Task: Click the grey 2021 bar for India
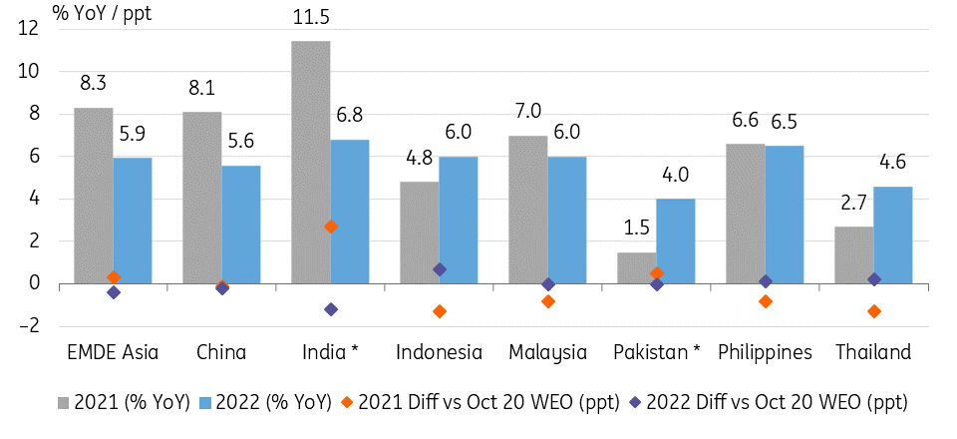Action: (x=311, y=163)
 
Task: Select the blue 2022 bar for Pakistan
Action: (x=675, y=241)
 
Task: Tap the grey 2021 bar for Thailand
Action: (x=854, y=255)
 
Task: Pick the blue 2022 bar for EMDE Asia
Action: (x=133, y=221)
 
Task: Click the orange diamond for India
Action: (x=331, y=226)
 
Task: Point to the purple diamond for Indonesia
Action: (x=440, y=269)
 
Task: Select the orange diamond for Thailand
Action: (x=874, y=311)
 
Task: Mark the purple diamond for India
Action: (x=331, y=309)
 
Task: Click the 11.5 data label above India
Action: (x=310, y=17)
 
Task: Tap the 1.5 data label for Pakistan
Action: (x=636, y=229)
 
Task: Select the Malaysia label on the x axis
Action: (x=547, y=352)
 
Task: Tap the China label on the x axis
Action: (x=221, y=352)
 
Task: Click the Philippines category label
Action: (x=766, y=353)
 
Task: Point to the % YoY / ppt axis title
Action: (x=102, y=13)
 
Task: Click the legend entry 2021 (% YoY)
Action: (x=125, y=403)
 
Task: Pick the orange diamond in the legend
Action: (x=347, y=403)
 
